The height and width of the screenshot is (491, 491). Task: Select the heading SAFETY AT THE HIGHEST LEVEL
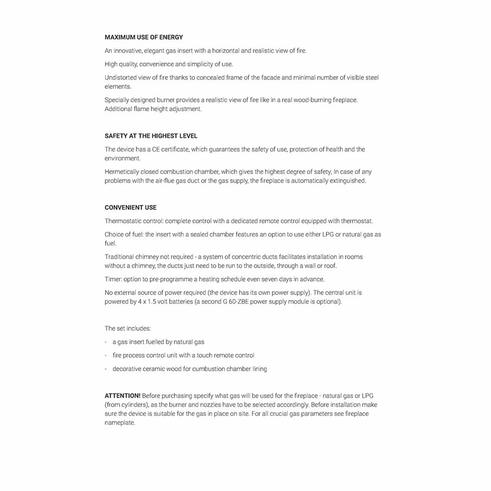click(151, 136)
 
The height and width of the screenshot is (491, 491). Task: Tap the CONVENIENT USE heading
click(131, 208)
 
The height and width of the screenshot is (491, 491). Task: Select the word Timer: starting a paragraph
click(113, 279)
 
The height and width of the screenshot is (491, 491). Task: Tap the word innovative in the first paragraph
click(127, 51)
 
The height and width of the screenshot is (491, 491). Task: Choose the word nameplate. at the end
click(119, 423)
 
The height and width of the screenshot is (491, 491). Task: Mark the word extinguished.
click(347, 181)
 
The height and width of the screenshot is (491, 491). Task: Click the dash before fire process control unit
click(106, 355)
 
